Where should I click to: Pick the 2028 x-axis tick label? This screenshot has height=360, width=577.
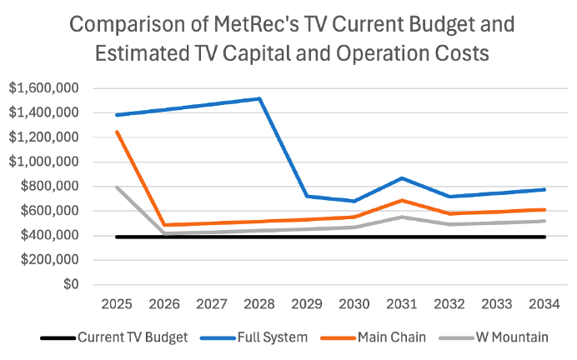260,302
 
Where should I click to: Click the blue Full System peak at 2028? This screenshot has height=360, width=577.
260,98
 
